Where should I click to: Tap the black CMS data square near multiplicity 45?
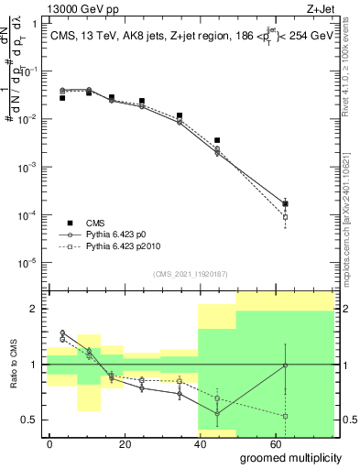[217, 140]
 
